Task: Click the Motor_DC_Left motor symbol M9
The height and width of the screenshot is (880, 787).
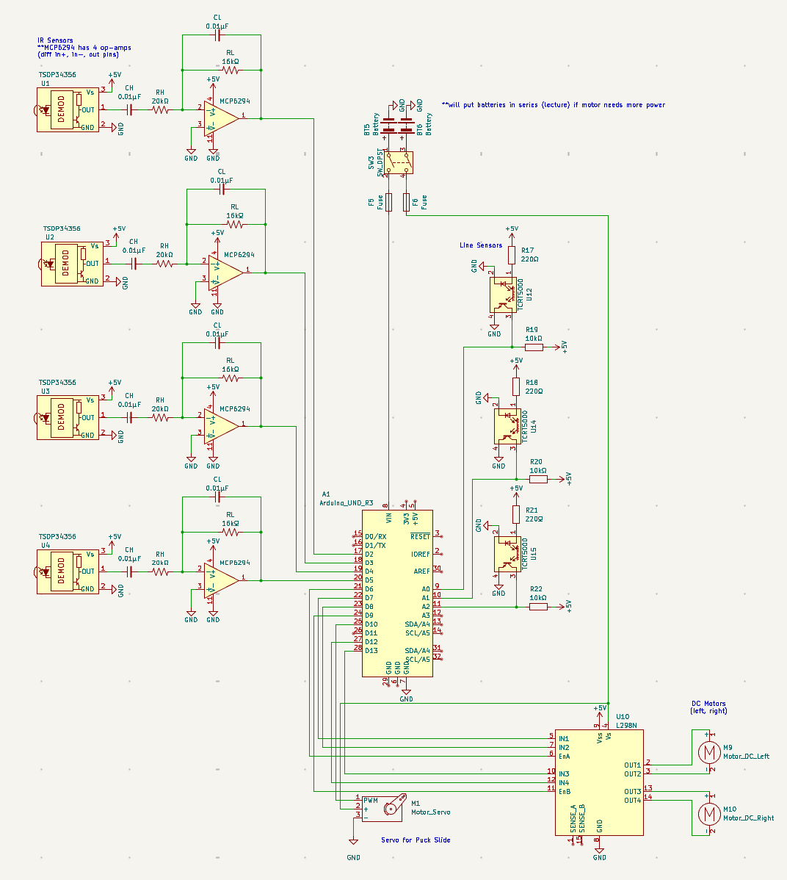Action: coord(708,751)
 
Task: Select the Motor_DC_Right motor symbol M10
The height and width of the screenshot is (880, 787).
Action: coord(708,813)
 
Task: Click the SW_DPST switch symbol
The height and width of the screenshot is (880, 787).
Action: coord(396,162)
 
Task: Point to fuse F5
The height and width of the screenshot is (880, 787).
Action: coord(388,202)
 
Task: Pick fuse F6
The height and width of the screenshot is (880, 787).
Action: coord(406,202)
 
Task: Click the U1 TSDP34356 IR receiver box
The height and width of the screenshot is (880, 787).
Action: coord(68,110)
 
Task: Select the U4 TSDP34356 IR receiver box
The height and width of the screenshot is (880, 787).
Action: coord(68,571)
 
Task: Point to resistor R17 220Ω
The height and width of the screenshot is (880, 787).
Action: coord(512,255)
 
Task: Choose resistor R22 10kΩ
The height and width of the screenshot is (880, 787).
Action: coord(538,607)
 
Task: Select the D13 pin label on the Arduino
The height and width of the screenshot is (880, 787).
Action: coord(371,651)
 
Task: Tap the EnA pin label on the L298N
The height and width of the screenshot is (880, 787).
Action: coord(564,756)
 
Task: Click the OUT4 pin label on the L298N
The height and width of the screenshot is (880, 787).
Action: coord(632,801)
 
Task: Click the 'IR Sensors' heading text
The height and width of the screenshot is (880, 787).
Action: coord(55,40)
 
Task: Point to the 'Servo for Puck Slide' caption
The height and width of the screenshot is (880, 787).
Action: coord(416,840)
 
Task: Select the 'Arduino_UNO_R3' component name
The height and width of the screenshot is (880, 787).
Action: coord(346,503)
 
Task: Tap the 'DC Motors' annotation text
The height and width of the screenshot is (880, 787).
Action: coord(708,704)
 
